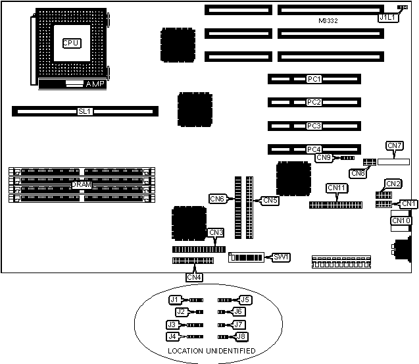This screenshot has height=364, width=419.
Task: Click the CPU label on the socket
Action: (x=71, y=43)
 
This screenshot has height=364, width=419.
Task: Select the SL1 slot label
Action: (x=84, y=112)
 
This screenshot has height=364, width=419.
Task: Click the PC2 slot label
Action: (x=314, y=103)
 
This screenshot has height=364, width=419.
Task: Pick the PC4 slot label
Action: (x=314, y=149)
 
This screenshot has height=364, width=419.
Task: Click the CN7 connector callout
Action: (x=395, y=145)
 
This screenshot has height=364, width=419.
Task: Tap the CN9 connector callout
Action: (x=324, y=157)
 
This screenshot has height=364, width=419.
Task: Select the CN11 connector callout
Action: (x=337, y=188)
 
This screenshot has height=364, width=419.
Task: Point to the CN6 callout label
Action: (x=218, y=198)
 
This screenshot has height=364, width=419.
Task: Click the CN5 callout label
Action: (x=270, y=200)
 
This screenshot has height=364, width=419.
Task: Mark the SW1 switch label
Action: (x=281, y=257)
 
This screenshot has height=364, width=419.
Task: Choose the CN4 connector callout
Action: (x=194, y=277)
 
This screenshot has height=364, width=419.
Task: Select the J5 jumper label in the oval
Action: (x=245, y=299)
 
